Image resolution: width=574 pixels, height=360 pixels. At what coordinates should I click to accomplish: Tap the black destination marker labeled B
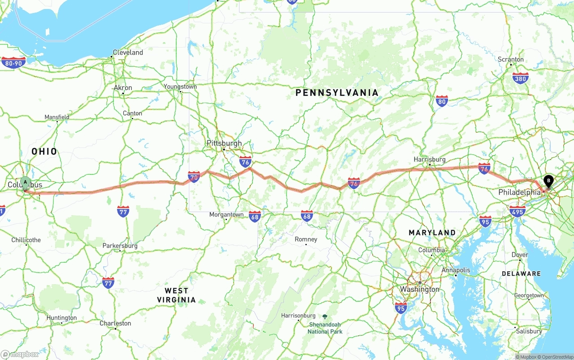pos(548,181)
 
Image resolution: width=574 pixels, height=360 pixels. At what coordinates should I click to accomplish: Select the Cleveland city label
pos(128,52)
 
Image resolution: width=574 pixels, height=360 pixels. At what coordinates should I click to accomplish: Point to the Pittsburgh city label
pos(224,143)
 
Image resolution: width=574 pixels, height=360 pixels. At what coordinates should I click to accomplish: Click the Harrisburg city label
pos(430,160)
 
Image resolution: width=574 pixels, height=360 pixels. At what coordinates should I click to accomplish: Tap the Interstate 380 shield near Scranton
pos(520,78)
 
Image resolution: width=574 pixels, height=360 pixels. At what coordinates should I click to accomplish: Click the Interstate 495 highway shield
pos(518,211)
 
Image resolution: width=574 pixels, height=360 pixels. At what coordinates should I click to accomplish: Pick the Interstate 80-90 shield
pos(13,62)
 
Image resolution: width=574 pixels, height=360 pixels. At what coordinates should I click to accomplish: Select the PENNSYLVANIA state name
pos(337,93)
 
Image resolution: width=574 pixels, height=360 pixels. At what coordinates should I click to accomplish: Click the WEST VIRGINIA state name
pos(176,295)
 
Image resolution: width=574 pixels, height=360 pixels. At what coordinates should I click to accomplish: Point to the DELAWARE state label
pos(521,273)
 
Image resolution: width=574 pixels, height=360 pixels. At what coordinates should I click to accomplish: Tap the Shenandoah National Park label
pos(325,328)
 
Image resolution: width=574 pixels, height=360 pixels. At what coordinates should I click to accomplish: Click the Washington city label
pos(420,289)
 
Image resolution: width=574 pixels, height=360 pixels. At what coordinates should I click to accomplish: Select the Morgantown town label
pos(226,215)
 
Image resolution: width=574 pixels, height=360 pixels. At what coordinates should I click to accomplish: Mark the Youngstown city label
pos(180,87)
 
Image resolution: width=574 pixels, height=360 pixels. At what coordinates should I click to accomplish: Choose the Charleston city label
pos(115,323)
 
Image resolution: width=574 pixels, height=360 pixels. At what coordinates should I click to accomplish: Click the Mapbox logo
pos(20,354)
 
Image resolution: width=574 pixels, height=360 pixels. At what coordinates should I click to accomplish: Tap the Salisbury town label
pos(529,331)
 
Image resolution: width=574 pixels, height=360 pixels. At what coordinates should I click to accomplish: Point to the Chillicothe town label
pos(26,240)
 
